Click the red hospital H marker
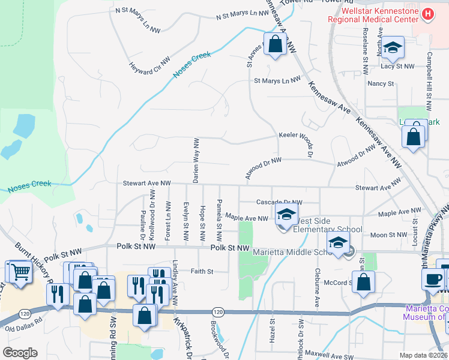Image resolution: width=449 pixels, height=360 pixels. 428,13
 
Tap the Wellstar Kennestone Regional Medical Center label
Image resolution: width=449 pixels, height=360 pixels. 372,16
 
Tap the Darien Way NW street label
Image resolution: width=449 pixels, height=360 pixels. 196,160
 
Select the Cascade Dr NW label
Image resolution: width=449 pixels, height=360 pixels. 279,202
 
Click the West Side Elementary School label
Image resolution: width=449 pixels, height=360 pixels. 328,229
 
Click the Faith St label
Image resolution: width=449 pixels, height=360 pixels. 202,271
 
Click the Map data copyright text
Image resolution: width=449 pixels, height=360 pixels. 423,355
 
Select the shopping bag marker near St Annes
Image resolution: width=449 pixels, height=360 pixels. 275,45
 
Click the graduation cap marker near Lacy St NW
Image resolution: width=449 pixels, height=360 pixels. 393,49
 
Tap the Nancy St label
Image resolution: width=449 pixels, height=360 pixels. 379,83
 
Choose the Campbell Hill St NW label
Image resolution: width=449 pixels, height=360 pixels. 429,82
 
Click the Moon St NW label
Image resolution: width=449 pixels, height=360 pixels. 388,235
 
